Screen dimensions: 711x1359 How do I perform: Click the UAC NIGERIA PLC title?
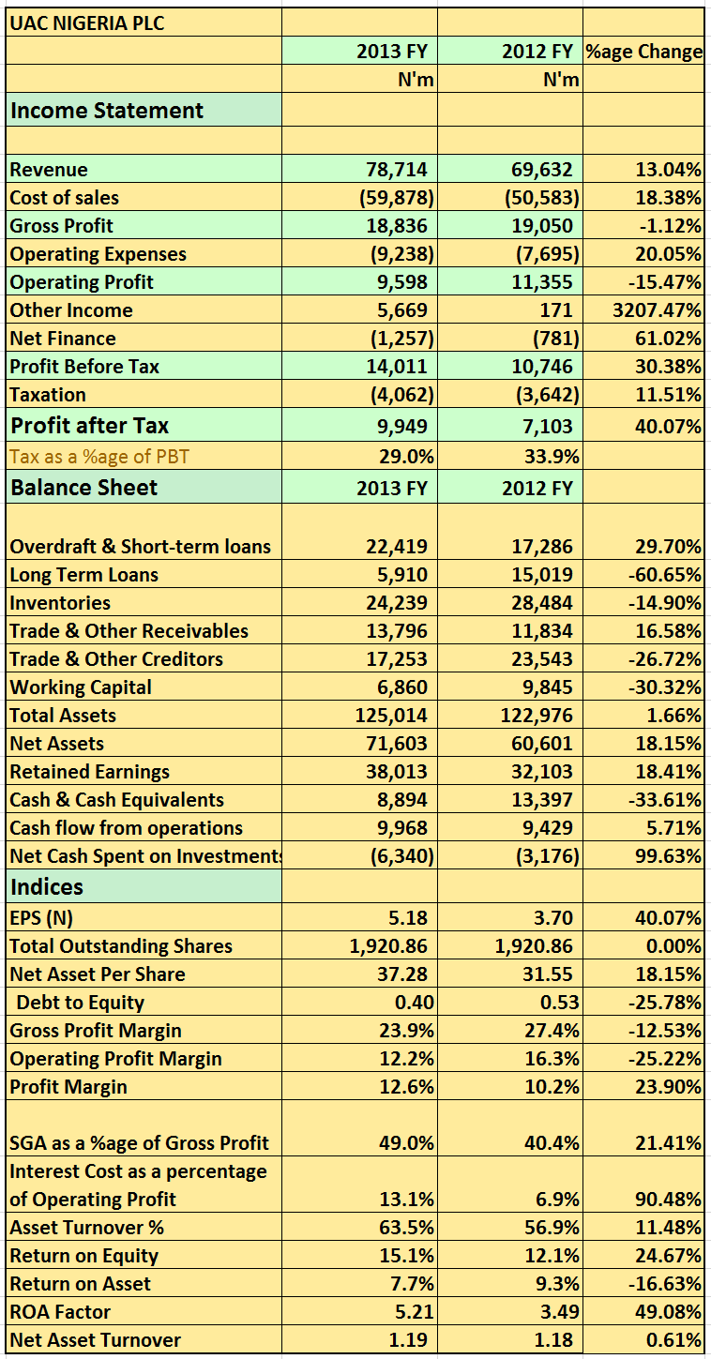(x=87, y=23)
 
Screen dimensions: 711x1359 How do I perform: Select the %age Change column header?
(x=643, y=52)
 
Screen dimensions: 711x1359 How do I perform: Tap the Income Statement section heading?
(x=107, y=111)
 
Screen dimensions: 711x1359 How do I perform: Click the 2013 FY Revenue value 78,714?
(x=397, y=169)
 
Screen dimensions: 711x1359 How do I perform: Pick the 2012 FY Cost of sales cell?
(x=542, y=198)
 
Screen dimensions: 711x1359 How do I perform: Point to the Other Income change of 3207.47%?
(x=657, y=310)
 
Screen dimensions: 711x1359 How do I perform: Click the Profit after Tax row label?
(x=90, y=425)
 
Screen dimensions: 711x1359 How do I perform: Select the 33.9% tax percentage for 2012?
(x=552, y=456)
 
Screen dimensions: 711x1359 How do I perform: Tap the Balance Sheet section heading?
(x=83, y=488)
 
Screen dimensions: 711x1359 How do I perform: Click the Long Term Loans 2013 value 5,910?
(x=402, y=575)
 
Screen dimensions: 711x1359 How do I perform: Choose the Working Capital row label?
(x=81, y=687)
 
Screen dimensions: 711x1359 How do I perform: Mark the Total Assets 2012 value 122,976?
(x=537, y=716)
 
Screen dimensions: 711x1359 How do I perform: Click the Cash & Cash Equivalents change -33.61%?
(x=665, y=800)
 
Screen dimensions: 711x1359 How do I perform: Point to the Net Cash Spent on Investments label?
(x=146, y=856)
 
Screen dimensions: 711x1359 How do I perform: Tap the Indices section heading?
(x=47, y=887)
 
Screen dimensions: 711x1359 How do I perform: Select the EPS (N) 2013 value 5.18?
(x=408, y=918)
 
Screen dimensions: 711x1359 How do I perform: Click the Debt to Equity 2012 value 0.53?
(x=560, y=1003)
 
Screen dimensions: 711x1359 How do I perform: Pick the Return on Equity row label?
(x=84, y=1256)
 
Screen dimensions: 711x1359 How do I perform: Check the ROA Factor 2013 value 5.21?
(x=415, y=1312)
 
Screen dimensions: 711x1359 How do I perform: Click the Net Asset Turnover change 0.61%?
(x=674, y=1340)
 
